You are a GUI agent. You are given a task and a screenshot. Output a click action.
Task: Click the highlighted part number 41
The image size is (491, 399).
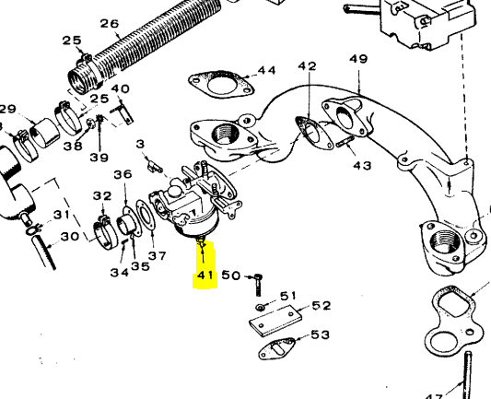pyautogui.click(x=205, y=276)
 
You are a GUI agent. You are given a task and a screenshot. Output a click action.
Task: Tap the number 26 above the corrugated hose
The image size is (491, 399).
pyautogui.click(x=110, y=23)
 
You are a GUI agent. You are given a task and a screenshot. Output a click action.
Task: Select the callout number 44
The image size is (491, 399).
pyautogui.click(x=266, y=70)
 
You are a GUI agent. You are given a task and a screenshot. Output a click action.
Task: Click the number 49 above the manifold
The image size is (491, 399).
pyautogui.click(x=358, y=59)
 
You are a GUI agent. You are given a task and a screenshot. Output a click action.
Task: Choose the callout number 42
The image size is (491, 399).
pyautogui.click(x=307, y=65)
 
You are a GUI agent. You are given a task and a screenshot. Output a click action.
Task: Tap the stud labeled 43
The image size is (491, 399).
pyautogui.click(x=345, y=141)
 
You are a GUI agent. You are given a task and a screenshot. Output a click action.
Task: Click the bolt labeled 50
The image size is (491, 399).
pyautogui.click(x=258, y=285)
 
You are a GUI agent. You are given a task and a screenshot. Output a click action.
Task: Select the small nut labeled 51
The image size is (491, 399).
pyautogui.click(x=260, y=308)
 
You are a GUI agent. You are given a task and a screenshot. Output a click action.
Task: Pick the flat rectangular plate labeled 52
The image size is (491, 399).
pyautogui.click(x=275, y=321)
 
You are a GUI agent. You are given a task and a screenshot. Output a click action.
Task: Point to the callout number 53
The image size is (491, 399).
pyautogui.click(x=320, y=334)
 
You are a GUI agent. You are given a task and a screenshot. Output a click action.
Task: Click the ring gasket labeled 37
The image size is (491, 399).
pyautogui.click(x=146, y=217)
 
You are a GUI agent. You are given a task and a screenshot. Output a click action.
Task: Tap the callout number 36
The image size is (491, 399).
pyautogui.click(x=123, y=174)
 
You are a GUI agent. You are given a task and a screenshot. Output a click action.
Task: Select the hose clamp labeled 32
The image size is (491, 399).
pyautogui.click(x=105, y=233)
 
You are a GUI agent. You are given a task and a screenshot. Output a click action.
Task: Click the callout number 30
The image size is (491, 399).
pyautogui.click(x=69, y=237)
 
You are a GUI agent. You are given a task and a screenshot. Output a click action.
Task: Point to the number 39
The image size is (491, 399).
pyautogui.click(x=99, y=158)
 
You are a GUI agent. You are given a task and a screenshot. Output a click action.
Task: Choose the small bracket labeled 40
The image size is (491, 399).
pyautogui.click(x=123, y=113)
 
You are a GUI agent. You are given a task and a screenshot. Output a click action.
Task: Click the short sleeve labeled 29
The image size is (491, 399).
pyautogui.click(x=45, y=133)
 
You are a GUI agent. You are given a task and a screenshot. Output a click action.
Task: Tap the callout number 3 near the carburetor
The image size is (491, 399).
pyautogui.click(x=141, y=144)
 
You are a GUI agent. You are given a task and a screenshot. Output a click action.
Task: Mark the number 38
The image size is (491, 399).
pyautogui.click(x=73, y=146)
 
